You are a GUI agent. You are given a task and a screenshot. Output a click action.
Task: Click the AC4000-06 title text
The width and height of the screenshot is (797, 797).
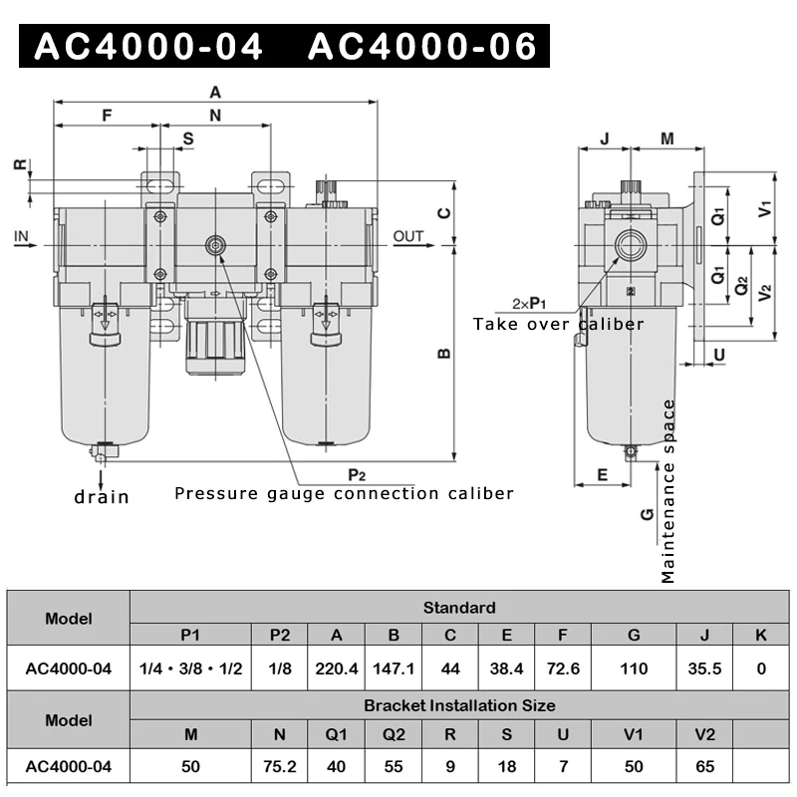pyautogui.click(x=422, y=46)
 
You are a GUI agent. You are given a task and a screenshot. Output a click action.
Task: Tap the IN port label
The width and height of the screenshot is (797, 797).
pyautogui.click(x=23, y=236)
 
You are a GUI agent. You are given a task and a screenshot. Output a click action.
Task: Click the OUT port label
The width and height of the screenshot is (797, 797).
pyautogui.click(x=407, y=236)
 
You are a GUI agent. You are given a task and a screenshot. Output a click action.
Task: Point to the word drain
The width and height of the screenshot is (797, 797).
pyautogui.click(x=102, y=496)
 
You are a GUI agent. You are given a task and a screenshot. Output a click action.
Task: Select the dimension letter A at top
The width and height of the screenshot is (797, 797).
pyautogui.click(x=214, y=92)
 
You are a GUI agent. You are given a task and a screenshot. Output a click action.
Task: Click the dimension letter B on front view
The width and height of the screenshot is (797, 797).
pyautogui.click(x=445, y=353)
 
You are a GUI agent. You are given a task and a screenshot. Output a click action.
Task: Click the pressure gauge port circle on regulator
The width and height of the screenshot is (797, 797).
pyautogui.click(x=214, y=246)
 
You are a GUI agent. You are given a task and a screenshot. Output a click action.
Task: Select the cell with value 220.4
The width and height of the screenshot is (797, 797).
pyautogui.click(x=337, y=668)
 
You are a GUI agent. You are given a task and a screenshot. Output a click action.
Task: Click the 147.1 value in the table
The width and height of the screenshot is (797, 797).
pyautogui.click(x=394, y=668)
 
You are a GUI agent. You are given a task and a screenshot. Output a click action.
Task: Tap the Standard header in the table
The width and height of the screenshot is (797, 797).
pyautogui.click(x=459, y=607)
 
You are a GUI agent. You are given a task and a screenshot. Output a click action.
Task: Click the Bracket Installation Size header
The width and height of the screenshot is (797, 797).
pyautogui.click(x=459, y=705)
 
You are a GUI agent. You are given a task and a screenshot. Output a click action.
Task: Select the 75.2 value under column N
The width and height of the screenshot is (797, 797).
pyautogui.click(x=280, y=766)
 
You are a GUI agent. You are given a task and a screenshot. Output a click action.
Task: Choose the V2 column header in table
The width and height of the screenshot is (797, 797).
pyautogui.click(x=704, y=735)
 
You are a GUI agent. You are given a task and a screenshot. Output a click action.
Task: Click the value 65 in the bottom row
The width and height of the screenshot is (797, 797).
pyautogui.click(x=704, y=766)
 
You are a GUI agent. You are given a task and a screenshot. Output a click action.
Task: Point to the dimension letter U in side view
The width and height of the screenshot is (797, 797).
pyautogui.click(x=719, y=354)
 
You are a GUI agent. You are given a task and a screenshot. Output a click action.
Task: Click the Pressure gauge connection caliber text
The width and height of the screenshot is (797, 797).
pyautogui.click(x=344, y=493)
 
